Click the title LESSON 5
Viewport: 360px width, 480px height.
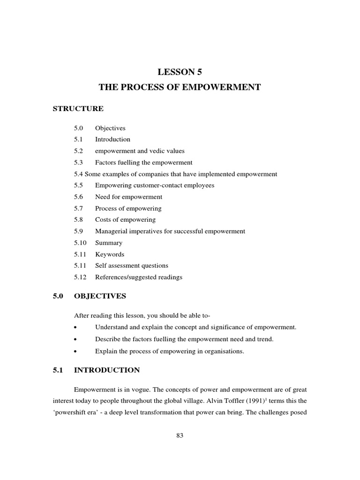(180, 72)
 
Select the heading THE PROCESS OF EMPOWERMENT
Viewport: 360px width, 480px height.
(180, 88)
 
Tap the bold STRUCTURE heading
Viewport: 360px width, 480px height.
(78, 109)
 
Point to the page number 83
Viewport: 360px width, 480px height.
(180, 435)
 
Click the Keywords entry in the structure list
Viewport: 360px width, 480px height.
(110, 254)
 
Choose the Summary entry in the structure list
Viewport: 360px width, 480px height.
(109, 243)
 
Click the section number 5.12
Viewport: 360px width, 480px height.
(81, 277)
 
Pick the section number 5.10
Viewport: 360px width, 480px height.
(81, 243)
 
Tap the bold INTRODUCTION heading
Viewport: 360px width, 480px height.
(107, 370)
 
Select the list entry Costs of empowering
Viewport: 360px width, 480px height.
(125, 219)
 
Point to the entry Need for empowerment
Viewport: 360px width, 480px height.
(128, 197)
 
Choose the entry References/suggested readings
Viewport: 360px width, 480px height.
(139, 277)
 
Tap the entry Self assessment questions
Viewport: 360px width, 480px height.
(131, 266)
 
